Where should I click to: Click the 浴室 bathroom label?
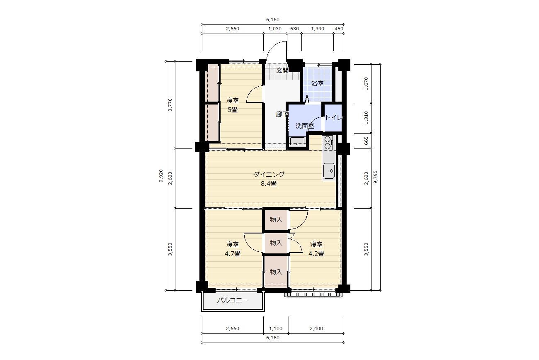click(317, 84)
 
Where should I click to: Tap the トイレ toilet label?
click(333, 118)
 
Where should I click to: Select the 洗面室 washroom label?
click(305, 126)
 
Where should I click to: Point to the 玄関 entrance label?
click(282, 70)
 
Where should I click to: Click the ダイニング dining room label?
click(269, 174)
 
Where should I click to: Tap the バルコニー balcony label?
click(232, 300)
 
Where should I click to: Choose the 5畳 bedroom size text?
click(233, 110)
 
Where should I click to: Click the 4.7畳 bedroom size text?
click(232, 254)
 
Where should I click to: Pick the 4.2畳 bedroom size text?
click(316, 254)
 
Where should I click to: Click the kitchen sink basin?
click(329, 171)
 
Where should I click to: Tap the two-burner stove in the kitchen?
click(328, 142)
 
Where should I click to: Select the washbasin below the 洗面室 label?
click(297, 141)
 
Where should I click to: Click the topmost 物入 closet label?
click(276, 219)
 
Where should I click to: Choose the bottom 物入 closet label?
click(276, 272)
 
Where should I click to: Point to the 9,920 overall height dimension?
click(161, 176)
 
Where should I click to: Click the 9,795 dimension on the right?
click(375, 177)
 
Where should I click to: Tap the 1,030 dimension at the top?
click(275, 29)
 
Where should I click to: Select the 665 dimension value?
click(366, 141)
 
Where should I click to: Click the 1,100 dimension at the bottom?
click(276, 328)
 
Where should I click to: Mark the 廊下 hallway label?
click(282, 114)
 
